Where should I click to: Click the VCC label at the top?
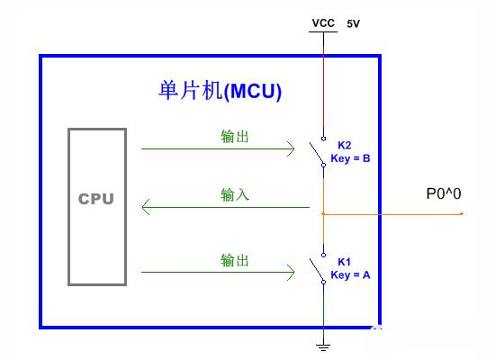pyautogui.click(x=323, y=23)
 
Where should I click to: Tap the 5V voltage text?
pyautogui.click(x=354, y=23)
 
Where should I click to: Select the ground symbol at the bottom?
pyautogui.click(x=323, y=347)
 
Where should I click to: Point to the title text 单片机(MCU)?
pyautogui.click(x=220, y=91)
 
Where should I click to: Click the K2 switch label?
pyautogui.click(x=345, y=145)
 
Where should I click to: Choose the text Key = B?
pyautogui.click(x=350, y=158)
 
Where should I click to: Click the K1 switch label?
pyautogui.click(x=344, y=262)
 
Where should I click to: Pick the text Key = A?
pyautogui.click(x=350, y=275)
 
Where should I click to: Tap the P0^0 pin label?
pyautogui.click(x=444, y=193)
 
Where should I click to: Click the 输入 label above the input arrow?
pyautogui.click(x=235, y=194)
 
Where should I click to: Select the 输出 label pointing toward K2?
pyautogui.click(x=235, y=137)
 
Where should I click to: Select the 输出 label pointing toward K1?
pyautogui.click(x=235, y=260)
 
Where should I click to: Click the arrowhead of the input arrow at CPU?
pyautogui.click(x=145, y=207)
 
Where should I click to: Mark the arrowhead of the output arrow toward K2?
pyautogui.click(x=291, y=148)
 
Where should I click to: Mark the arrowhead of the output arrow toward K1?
pyautogui.click(x=291, y=272)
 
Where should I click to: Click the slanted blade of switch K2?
pyautogui.click(x=316, y=154)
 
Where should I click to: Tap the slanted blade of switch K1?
pyautogui.click(x=316, y=270)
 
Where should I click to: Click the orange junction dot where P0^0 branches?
pyautogui.click(x=323, y=214)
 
